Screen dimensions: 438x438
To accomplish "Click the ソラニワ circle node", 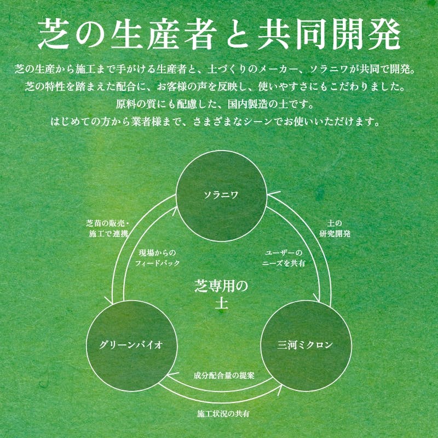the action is click(x=222, y=196).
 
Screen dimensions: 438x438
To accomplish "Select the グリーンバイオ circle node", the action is click(x=131, y=346).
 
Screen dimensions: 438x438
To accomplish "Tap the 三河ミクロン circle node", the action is click(x=306, y=346).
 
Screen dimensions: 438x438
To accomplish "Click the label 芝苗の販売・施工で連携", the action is click(x=107, y=228).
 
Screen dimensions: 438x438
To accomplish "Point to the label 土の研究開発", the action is click(x=335, y=228).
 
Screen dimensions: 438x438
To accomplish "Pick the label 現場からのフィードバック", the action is click(x=157, y=258).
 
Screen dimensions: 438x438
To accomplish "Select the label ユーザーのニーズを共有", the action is click(x=284, y=258).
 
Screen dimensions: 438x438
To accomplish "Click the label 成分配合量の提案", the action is click(x=224, y=376).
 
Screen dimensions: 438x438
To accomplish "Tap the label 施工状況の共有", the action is click(x=223, y=414).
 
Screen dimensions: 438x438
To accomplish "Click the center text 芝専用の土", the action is click(x=222, y=294).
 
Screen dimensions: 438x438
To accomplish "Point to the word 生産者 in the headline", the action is click(x=164, y=34).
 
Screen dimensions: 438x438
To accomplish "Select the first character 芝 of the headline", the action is click(x=53, y=34).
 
